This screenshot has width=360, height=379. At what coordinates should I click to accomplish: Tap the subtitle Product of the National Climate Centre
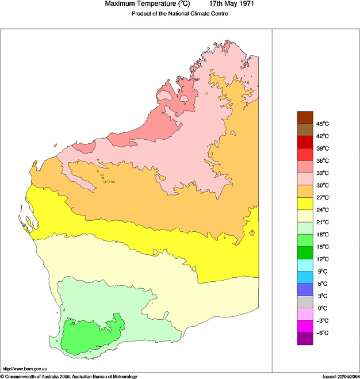click(x=180, y=14)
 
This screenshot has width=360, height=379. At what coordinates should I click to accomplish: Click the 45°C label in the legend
click(x=322, y=124)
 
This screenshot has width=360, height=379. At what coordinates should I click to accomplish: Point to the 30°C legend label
click(x=322, y=185)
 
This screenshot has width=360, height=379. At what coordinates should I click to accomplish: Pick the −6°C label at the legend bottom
click(x=322, y=333)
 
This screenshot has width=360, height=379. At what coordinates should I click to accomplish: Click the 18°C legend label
click(x=322, y=235)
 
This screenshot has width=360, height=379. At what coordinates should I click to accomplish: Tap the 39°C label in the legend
click(x=322, y=148)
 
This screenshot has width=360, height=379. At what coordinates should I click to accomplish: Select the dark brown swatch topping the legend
click(x=305, y=117)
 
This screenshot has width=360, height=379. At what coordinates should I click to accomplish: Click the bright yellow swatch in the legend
click(x=305, y=204)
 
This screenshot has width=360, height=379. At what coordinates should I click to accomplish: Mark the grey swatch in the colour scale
click(x=305, y=302)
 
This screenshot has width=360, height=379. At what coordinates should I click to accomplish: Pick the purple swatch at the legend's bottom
click(x=305, y=339)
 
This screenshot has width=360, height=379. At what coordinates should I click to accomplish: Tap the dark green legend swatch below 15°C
click(x=305, y=253)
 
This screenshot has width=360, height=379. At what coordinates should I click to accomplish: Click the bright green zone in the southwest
click(x=92, y=336)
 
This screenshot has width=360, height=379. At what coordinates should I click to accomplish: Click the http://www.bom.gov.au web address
click(x=25, y=368)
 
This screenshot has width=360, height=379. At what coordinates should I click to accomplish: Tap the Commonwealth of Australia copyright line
click(x=69, y=376)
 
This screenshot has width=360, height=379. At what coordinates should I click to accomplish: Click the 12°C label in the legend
click(x=322, y=259)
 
